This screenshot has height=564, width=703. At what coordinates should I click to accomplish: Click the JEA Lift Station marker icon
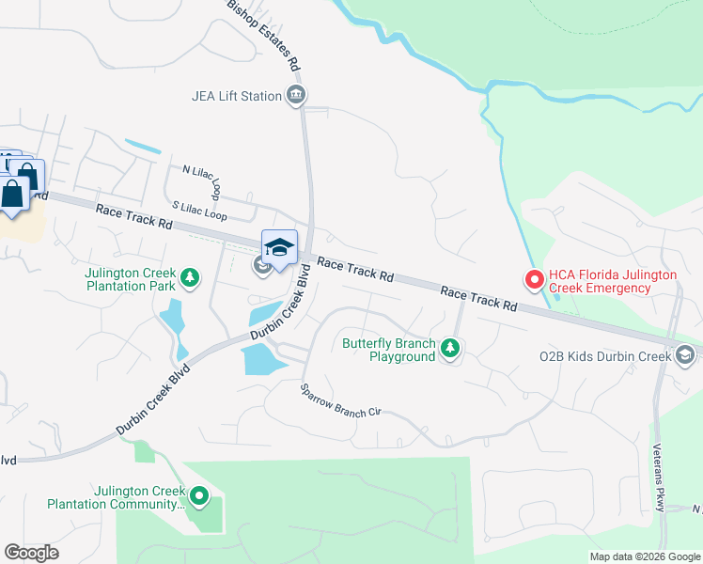pyautogui.click(x=297, y=95)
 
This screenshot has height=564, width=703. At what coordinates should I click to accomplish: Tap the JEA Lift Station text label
pyautogui.click(x=237, y=96)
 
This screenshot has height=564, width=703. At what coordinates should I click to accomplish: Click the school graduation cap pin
pyautogui.click(x=278, y=248)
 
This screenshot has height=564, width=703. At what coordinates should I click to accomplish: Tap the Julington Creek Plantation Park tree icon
pyautogui.click(x=191, y=277)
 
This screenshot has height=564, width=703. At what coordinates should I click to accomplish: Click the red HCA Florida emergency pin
pyautogui.click(x=533, y=279)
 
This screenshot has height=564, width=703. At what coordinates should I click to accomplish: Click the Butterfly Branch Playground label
pyautogui.click(x=388, y=350)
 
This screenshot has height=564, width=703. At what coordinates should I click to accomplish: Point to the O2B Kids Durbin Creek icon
pyautogui.click(x=685, y=354)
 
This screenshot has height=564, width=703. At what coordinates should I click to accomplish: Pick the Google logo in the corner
pyautogui.click(x=31, y=553)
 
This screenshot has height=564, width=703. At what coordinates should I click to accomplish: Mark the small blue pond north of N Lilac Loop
pyautogui.click(x=143, y=147)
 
